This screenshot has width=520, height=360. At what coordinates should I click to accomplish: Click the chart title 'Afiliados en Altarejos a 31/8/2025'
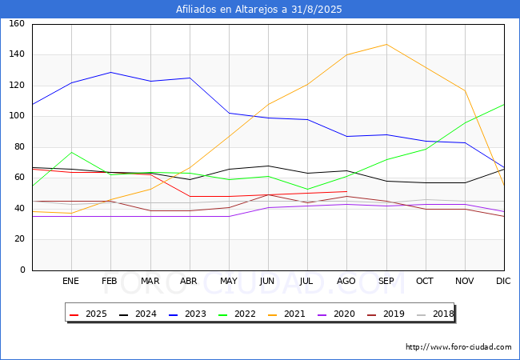pos(258,10)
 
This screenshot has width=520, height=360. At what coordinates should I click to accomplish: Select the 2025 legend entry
pos(88,314)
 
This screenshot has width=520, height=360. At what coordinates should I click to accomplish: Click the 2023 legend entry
pos(187,314)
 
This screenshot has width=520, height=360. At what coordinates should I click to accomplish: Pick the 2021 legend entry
pos(286,314)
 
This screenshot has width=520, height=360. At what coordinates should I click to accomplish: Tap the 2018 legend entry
pos(435,314)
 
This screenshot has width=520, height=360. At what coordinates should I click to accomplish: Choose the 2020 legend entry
pos(336,314)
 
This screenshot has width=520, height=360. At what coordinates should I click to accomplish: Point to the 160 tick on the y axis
pos(17,23)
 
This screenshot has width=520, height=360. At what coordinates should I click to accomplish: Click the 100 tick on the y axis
pos(17,116)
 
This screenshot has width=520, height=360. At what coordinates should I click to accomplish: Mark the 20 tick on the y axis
pos(19,239)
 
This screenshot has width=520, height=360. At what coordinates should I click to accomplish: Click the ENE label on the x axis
pos(70,281)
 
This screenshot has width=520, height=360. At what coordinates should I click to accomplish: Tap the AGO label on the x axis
pos(346,281)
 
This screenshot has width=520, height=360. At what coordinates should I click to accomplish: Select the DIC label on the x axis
pos(503,281)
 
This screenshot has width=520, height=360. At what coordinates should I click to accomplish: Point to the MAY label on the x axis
pos(229,281)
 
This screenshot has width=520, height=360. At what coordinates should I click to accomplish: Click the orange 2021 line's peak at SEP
pos(386,44)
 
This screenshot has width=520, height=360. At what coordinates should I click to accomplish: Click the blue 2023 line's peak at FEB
pos(110,72)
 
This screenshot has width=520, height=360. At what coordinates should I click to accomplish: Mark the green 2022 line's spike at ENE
pos(72,152)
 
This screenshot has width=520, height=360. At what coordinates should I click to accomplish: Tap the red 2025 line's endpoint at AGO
pos(347,192)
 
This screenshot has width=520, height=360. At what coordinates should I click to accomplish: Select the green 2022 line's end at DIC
pos(504,105)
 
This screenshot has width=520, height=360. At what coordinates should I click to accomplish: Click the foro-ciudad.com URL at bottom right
pos(458,347)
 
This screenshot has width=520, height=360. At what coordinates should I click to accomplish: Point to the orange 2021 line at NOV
pos(465,90)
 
